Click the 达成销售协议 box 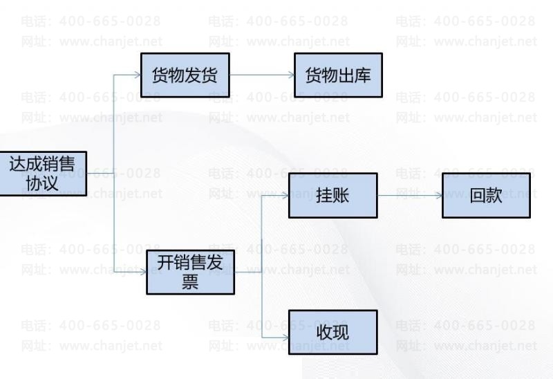[x=43, y=173]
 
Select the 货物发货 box [x=184, y=75]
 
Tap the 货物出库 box [x=338, y=75]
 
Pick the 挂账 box [x=332, y=196]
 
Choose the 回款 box [x=486, y=196]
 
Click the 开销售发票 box [x=190, y=272]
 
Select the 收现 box [x=332, y=333]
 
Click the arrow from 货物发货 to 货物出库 [x=261, y=75]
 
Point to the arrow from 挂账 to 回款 [x=409, y=196]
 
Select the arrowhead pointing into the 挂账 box [x=285, y=196]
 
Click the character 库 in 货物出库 [x=362, y=75]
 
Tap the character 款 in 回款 [x=494, y=196]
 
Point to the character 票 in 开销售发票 [x=190, y=281]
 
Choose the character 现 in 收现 [x=341, y=333]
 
